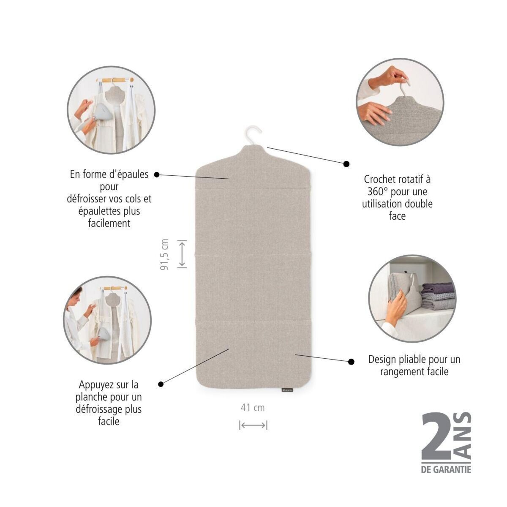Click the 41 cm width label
[253, 408]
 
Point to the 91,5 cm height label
[164, 254]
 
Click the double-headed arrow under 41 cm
[253, 425]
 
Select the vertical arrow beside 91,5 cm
[182, 254]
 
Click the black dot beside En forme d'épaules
[157, 174]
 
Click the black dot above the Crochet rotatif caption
[346, 164]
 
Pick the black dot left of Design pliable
[351, 362]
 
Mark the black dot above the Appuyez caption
[161, 384]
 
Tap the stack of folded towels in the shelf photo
[438, 297]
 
